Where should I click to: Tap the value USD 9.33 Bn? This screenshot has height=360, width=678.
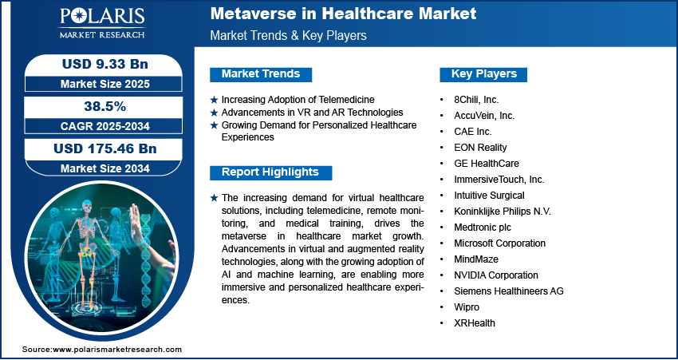tap(105, 64)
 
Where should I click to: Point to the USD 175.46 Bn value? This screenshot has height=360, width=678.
tap(105, 148)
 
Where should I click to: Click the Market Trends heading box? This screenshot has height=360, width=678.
tap(261, 74)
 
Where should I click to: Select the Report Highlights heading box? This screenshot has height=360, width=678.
tap(270, 172)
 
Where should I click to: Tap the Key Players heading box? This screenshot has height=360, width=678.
tap(483, 74)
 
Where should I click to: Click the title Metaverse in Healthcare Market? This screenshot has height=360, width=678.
tap(343, 14)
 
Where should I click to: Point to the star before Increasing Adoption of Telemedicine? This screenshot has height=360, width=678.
tap(214, 100)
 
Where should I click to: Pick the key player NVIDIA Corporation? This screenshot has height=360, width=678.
tap(496, 275)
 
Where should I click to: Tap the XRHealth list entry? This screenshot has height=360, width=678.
tap(475, 322)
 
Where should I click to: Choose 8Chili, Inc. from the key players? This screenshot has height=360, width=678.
tap(476, 100)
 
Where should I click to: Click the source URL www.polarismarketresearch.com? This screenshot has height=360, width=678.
tap(117, 350)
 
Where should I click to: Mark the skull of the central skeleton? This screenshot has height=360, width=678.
tap(87, 205)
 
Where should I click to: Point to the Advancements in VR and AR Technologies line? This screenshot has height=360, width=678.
tap(312, 113)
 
